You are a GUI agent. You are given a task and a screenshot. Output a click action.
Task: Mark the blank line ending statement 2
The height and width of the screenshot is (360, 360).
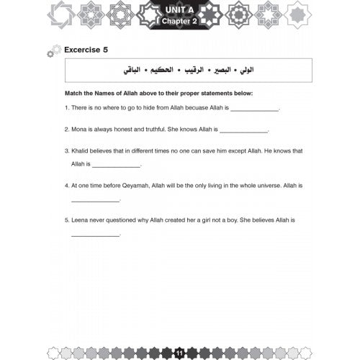coord(243,132)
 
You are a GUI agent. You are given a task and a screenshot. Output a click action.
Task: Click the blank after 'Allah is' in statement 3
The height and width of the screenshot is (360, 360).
coord(117,167)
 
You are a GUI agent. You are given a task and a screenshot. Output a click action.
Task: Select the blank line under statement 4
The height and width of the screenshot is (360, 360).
coord(96,201)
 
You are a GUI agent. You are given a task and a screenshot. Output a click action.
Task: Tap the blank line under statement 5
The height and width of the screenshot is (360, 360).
coord(96,235)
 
